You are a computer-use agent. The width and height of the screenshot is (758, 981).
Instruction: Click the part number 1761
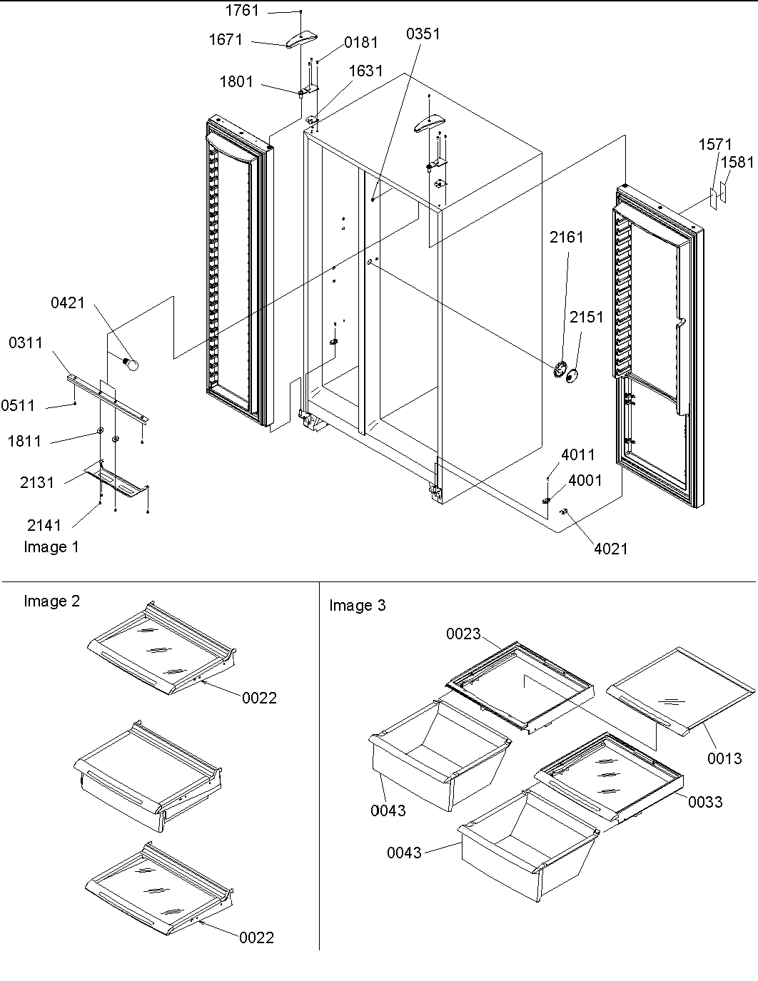coord(242,11)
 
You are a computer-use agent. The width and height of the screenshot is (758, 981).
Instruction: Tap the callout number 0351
coord(423,34)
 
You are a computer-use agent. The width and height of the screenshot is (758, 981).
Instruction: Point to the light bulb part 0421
coord(131,365)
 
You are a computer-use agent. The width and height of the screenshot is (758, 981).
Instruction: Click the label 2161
coord(566,238)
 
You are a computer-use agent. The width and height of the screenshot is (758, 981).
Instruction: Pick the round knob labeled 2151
coord(572,375)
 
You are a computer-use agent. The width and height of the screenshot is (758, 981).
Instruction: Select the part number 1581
coord(737,163)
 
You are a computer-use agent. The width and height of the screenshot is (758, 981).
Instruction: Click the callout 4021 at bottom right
coord(610,548)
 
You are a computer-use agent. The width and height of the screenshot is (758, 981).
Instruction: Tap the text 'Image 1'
coord(51,547)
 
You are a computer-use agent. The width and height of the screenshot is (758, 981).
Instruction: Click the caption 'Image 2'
coord(51,601)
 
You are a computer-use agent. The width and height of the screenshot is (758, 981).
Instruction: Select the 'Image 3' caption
coord(357,606)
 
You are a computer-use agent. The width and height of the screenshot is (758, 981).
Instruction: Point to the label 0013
coord(724,758)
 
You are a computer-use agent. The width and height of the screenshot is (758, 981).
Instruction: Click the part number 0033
coord(705,802)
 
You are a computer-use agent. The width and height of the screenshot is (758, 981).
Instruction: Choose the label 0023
coord(464,634)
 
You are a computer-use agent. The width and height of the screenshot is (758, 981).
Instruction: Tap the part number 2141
coord(44,525)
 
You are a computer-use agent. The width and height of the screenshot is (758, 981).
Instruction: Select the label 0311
coord(26,343)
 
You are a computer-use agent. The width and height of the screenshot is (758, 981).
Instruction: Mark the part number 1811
coord(24,442)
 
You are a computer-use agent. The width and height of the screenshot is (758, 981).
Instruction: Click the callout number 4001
coord(585,480)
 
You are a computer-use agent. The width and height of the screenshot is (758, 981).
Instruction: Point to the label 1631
coord(365,71)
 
